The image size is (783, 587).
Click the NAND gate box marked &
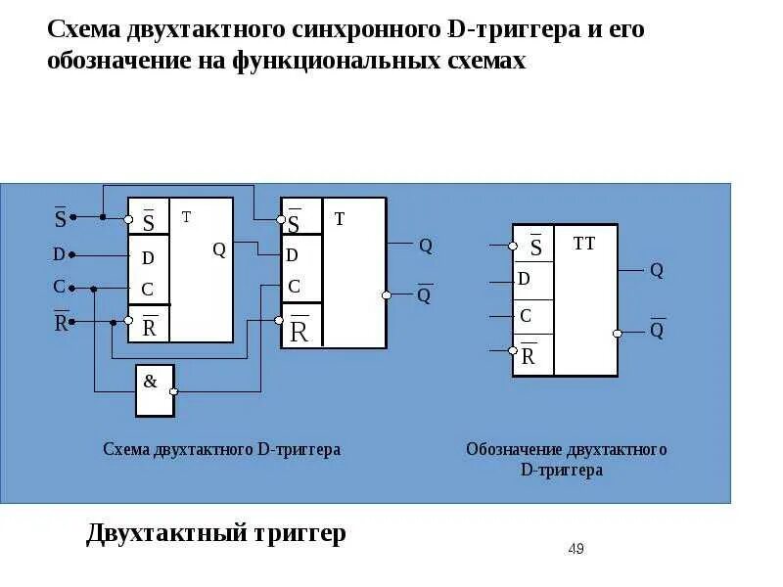(154, 389)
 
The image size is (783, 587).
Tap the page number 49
(576, 549)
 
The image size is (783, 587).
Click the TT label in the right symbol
(584, 244)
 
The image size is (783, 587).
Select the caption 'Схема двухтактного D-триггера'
(222, 449)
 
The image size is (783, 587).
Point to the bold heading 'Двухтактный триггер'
(216, 533)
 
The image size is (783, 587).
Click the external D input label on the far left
(59, 255)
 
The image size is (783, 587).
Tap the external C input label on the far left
(59, 287)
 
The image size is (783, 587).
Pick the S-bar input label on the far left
(60, 218)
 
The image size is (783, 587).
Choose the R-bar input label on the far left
(61, 322)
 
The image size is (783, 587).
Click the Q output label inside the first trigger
(219, 249)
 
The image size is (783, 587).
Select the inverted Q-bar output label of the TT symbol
(657, 330)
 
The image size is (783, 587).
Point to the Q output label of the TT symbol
(657, 270)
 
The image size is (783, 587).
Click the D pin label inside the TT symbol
(525, 280)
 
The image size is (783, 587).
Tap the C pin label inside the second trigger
(295, 287)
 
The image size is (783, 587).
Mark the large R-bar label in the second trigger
(299, 331)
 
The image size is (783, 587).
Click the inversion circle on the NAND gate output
(173, 390)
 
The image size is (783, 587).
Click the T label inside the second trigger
(340, 219)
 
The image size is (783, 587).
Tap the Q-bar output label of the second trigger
(424, 294)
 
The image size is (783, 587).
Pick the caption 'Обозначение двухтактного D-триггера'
(566, 459)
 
